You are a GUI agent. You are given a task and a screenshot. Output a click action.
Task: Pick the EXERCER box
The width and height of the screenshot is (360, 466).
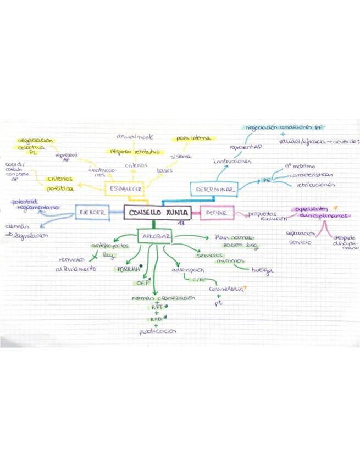click(x=92, y=212)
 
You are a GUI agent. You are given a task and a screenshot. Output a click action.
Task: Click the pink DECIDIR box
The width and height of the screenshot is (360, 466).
click(x=216, y=213)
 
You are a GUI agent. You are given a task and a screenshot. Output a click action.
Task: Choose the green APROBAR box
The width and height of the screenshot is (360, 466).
click(x=155, y=236)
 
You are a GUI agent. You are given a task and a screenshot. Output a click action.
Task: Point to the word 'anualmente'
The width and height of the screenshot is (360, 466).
click(x=135, y=136)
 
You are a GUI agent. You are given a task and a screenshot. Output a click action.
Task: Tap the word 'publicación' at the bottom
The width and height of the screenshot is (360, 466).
click(x=158, y=331)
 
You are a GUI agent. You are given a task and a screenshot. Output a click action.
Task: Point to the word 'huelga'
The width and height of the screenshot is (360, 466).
click(x=262, y=271)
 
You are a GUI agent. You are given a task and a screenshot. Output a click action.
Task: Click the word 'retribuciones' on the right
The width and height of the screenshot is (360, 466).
click(x=315, y=186)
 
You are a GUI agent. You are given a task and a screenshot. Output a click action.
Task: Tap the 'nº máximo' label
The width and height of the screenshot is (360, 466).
click(x=300, y=165)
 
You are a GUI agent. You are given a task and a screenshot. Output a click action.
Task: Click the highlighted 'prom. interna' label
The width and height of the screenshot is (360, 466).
click(x=193, y=138)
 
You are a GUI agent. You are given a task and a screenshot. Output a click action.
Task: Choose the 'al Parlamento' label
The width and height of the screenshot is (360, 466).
click(x=76, y=269)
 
